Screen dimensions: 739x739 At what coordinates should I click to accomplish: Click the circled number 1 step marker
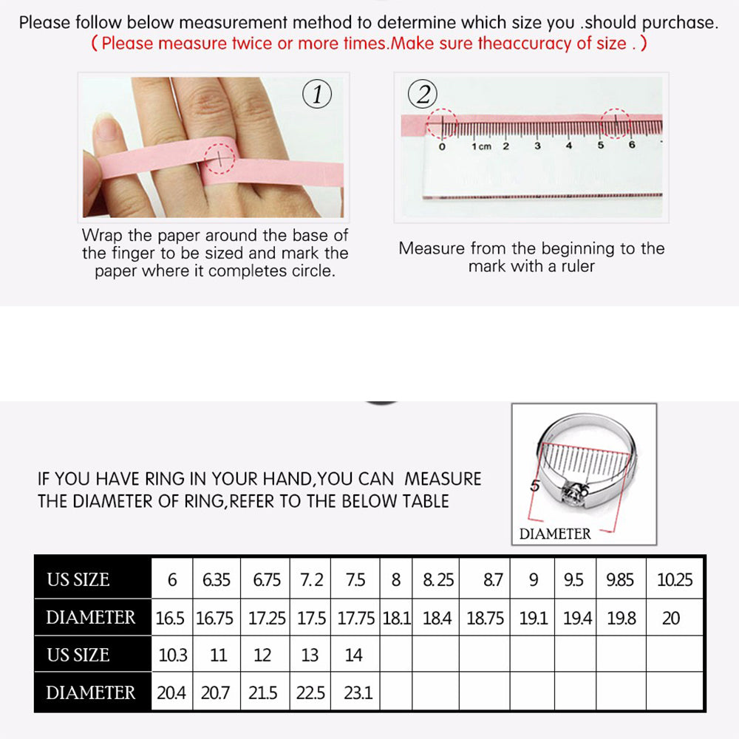coord(317,95)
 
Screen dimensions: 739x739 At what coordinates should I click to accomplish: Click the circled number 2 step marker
coord(423,95)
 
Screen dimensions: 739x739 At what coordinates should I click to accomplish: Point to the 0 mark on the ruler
coord(442,146)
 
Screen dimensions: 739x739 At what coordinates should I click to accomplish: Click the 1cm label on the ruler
coord(481,146)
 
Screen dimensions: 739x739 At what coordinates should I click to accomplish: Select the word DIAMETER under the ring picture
coord(555,534)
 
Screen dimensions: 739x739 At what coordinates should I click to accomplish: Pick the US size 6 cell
coord(172,579)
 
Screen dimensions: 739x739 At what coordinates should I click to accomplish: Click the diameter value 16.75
coord(214,618)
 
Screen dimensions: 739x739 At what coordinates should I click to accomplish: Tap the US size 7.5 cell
coord(355,579)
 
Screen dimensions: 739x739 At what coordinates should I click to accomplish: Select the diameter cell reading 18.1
coord(396,618)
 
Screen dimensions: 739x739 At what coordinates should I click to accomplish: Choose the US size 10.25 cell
coord(675,579)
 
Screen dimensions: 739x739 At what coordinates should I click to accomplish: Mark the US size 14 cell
coord(355,655)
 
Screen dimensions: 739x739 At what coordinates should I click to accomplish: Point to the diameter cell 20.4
coord(171,693)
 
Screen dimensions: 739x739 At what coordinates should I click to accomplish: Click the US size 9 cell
coord(534,579)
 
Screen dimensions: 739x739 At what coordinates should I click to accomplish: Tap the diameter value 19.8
coord(621,618)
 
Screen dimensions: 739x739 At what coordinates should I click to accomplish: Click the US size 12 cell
coord(262,655)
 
